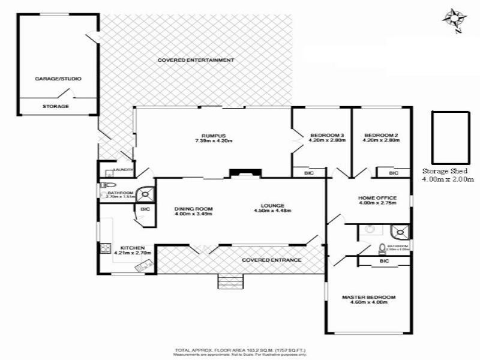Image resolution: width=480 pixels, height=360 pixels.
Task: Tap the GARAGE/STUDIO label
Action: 58,79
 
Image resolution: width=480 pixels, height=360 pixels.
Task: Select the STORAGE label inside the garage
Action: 55,106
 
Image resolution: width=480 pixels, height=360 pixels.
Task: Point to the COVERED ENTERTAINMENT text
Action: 196,61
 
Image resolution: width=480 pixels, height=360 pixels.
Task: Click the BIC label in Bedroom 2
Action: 393,173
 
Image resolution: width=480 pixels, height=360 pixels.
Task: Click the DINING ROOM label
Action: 194,209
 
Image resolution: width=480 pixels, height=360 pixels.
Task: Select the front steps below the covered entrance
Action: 231,280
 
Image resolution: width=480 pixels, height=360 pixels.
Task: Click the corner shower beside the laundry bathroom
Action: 145,194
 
